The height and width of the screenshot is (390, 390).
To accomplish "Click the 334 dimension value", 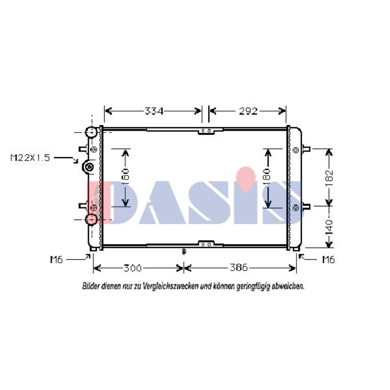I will pyautogui.click(x=154, y=112).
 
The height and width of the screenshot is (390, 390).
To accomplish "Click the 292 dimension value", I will pyautogui.click(x=248, y=112).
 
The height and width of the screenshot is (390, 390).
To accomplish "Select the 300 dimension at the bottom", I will pyautogui.click(x=133, y=268).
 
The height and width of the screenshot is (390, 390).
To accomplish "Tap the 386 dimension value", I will pyautogui.click(x=238, y=268).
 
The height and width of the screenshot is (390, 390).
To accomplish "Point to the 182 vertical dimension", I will pyautogui.click(x=330, y=177).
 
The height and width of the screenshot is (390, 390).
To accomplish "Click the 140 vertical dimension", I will pyautogui.click(x=330, y=227).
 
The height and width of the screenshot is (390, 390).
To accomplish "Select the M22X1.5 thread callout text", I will pyautogui.click(x=30, y=158).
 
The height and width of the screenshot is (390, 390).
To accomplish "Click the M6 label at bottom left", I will pyautogui.click(x=56, y=259).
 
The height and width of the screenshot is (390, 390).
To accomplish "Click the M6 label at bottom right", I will pyautogui.click(x=328, y=259).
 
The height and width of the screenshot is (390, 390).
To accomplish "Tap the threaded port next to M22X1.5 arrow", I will pyautogui.click(x=89, y=168).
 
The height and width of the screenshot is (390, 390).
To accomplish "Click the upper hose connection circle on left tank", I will pyautogui.click(x=92, y=133).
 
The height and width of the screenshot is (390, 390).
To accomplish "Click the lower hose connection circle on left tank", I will pyautogui.click(x=92, y=220).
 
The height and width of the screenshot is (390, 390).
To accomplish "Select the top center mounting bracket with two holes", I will pyautogui.click(x=206, y=131).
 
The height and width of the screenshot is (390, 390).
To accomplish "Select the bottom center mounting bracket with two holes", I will pyautogui.click(x=206, y=244).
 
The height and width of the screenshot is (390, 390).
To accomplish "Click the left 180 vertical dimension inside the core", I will pyautogui.click(x=125, y=177).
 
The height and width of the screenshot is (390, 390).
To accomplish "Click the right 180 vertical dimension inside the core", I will pyautogui.click(x=267, y=177).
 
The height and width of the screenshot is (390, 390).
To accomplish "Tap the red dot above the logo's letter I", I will pyautogui.click(x=246, y=177).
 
